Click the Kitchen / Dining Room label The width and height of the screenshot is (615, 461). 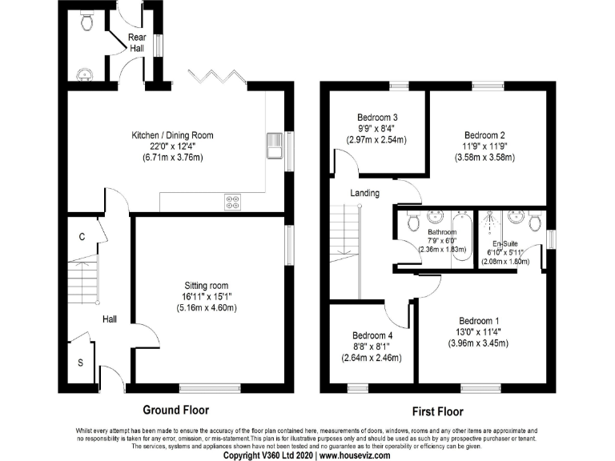tap(173, 135)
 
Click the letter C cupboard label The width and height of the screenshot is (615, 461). tap(82, 236)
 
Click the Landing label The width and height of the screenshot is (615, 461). tap(364, 193)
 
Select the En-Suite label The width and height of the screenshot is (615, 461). tap(503, 243)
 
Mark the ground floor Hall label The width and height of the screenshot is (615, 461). tap(109, 319)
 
